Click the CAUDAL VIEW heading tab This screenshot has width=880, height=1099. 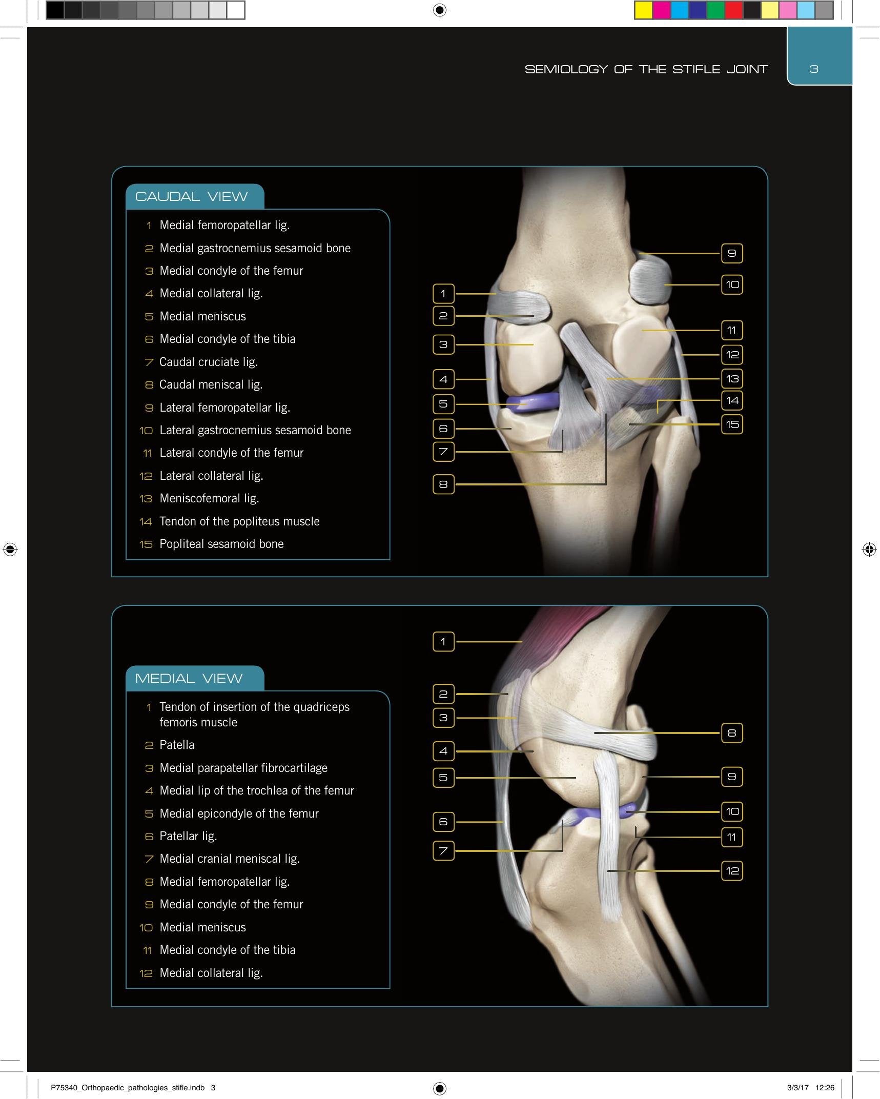click(195, 196)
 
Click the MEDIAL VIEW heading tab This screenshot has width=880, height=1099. click(195, 678)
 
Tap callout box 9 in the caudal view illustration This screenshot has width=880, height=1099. click(732, 253)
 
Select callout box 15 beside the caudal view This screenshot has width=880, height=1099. click(732, 424)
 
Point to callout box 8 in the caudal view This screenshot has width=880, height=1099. click(444, 484)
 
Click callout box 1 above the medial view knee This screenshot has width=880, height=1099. click(444, 642)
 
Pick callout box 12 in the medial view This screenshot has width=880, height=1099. click(732, 870)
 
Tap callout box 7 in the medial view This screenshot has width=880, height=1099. click(444, 851)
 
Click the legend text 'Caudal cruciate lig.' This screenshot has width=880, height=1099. click(209, 362)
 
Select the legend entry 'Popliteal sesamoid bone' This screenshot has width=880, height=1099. click(221, 544)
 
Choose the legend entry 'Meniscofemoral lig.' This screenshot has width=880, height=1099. click(209, 498)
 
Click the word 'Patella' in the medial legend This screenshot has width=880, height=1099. click(177, 745)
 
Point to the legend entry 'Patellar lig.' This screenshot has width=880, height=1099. click(188, 836)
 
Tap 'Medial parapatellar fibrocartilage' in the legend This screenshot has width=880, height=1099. click(243, 768)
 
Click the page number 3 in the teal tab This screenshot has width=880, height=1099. click(814, 69)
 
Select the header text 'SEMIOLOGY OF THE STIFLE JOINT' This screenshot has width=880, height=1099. click(646, 69)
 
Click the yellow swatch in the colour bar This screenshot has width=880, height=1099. click(644, 10)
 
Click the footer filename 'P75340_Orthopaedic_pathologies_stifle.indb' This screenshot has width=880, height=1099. click(128, 1087)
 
